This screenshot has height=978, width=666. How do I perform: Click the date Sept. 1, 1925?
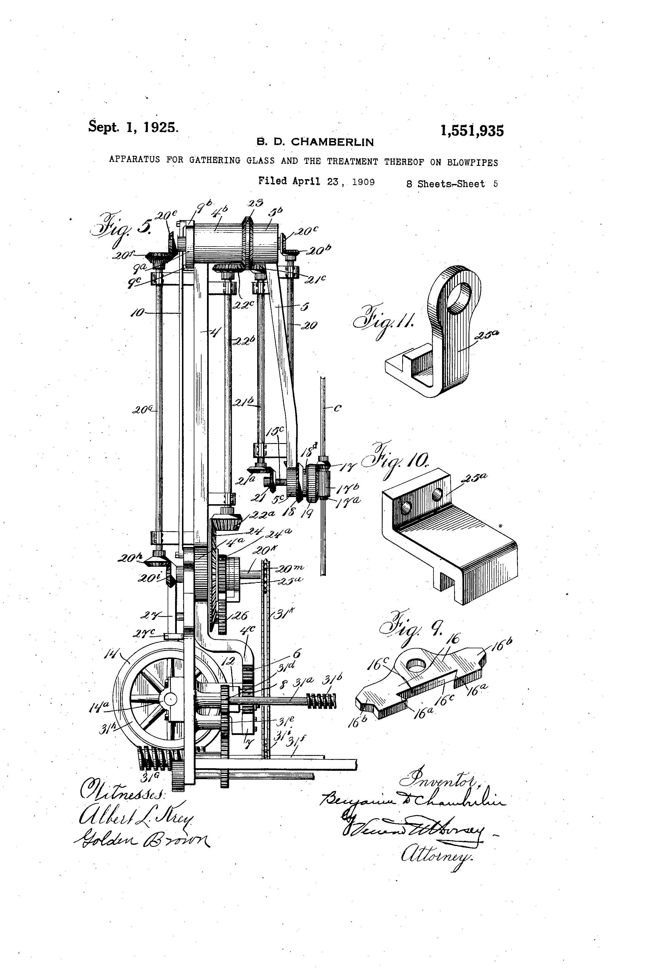coord(133,126)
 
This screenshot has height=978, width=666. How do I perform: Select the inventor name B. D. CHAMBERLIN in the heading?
coord(315,142)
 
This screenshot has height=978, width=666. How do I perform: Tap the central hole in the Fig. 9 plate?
coord(416,665)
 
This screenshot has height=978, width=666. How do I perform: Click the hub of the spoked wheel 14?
coord(171,699)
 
